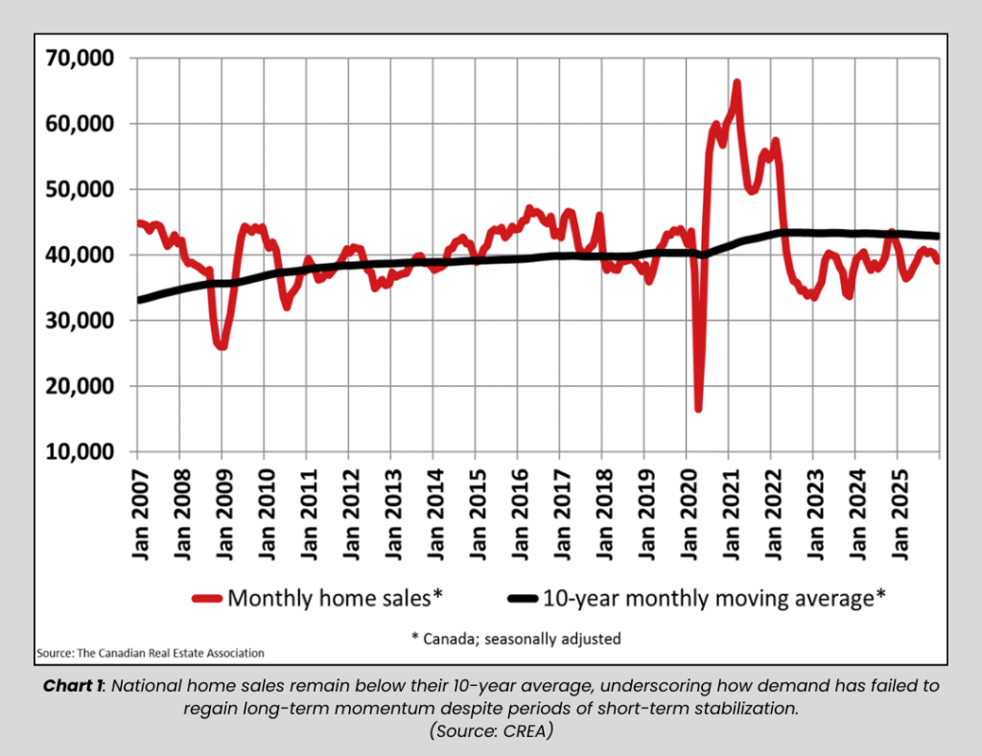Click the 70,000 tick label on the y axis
tap(80, 58)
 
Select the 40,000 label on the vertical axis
tap(80, 255)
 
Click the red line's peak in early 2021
tap(736, 83)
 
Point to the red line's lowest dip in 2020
tap(698, 408)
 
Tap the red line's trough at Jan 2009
tap(222, 345)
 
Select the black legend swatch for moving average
tap(522, 599)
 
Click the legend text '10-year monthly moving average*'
tap(713, 598)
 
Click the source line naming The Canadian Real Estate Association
tap(151, 653)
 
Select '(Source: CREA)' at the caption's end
tap(490, 729)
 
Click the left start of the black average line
tap(140, 300)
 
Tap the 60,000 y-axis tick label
tap(80, 124)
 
